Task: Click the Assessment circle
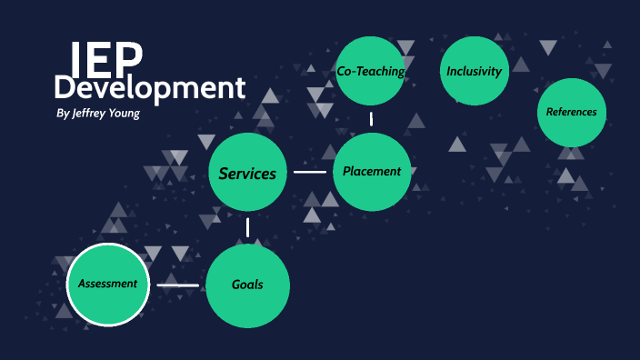coord(107,285)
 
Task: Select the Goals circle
coord(247,285)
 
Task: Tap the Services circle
coord(247,173)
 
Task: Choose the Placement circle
coord(372,171)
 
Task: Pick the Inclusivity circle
coord(474,71)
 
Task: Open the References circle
coord(572,112)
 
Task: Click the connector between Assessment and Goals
coord(177,285)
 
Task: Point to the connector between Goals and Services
coord(247,229)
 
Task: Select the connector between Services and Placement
coord(310,172)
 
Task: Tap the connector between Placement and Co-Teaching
coord(371,118)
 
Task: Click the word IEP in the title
coord(106,57)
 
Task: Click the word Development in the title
coord(149,88)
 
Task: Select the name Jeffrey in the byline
coord(92,115)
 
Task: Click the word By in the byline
coord(62,115)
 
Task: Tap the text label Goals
coord(247,285)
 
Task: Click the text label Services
coord(247,173)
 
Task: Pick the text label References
coord(572,112)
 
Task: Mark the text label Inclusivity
coord(474,71)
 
